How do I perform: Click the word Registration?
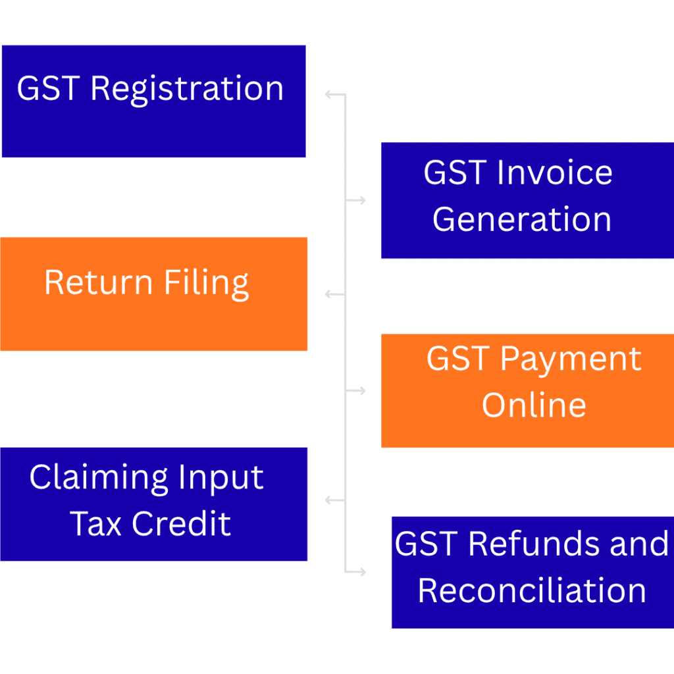[x=187, y=90]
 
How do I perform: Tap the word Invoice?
[x=554, y=173]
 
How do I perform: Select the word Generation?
[x=521, y=219]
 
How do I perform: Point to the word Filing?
[x=207, y=284]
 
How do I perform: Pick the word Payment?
[x=570, y=360]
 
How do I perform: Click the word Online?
[x=534, y=405]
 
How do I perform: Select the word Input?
[x=226, y=479]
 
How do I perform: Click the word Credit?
[x=181, y=524]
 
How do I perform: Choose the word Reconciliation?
[x=532, y=590]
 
